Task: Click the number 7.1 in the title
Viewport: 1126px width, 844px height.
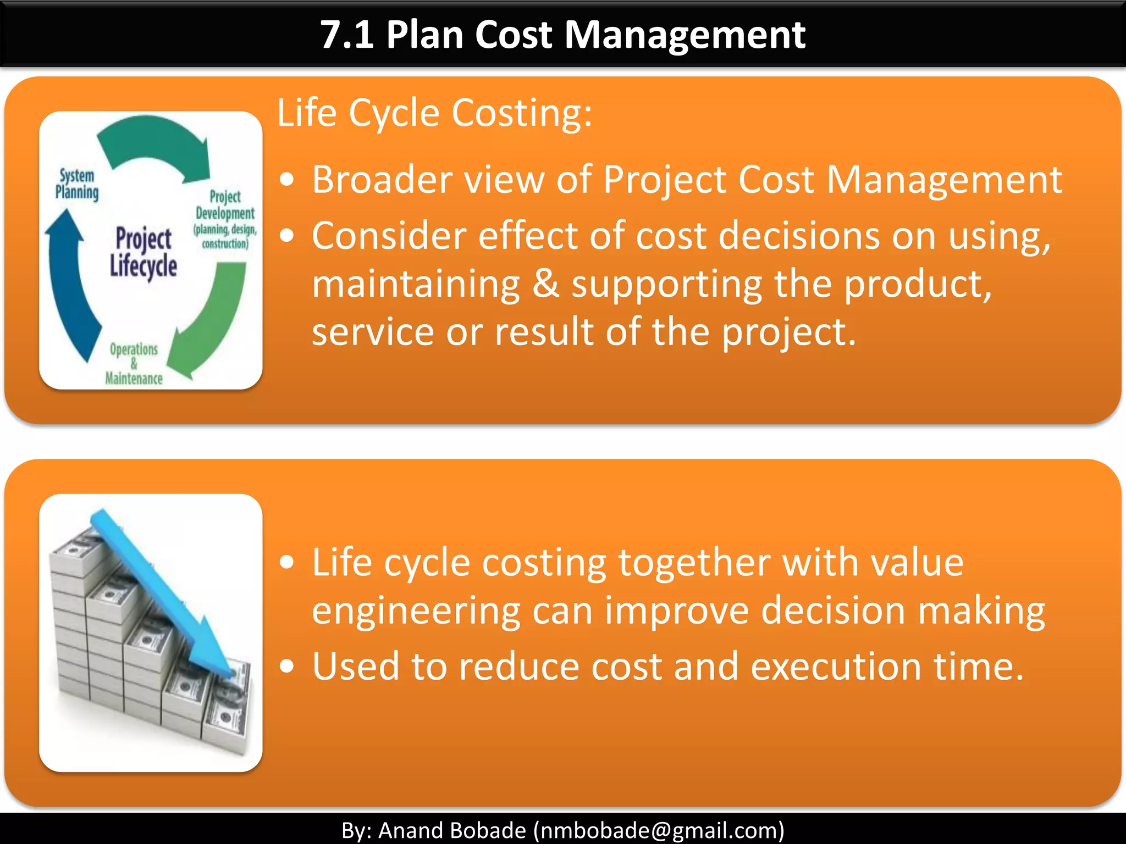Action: (x=346, y=35)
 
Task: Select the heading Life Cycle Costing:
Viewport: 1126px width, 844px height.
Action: (x=434, y=113)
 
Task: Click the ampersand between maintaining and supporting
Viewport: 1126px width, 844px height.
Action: (x=545, y=284)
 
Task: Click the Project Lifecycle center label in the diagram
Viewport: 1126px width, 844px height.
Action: (x=143, y=253)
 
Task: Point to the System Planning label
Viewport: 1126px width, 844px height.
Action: (x=77, y=184)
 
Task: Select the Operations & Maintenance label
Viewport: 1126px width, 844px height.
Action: (x=134, y=364)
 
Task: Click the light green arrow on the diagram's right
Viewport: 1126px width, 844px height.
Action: (x=214, y=319)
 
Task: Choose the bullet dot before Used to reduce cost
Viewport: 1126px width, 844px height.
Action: (x=286, y=667)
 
